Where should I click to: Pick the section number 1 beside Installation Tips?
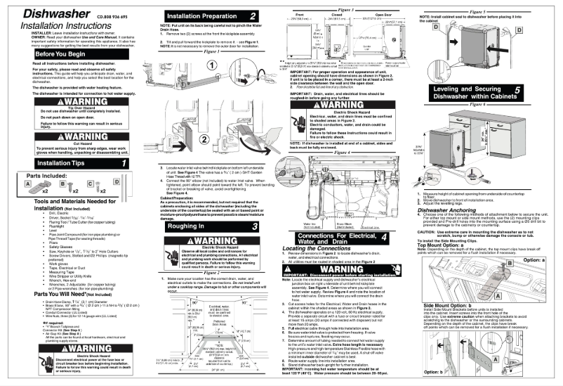point(124,163)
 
